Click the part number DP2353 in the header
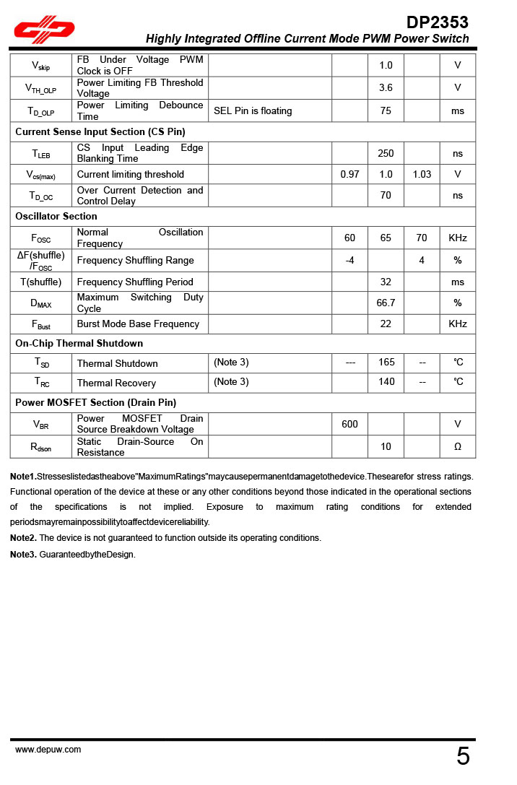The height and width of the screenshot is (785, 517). [x=437, y=22]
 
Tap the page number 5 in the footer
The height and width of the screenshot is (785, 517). [x=463, y=756]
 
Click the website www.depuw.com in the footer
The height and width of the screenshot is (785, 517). [x=48, y=750]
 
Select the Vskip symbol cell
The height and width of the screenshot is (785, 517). [x=40, y=66]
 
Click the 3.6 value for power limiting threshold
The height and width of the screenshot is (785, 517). [x=386, y=88]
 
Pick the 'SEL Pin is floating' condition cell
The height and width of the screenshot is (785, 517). [x=253, y=111]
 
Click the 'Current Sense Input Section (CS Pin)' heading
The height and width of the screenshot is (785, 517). [x=100, y=131]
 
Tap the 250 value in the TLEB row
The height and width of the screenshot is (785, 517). [x=386, y=154]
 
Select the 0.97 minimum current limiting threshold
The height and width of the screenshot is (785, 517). [x=349, y=175]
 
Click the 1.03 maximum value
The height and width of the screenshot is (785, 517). [x=422, y=175]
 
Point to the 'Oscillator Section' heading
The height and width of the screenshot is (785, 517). [x=56, y=216]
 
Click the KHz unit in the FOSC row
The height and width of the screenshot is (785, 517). [x=457, y=238]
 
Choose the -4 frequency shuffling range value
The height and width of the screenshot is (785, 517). [x=349, y=260]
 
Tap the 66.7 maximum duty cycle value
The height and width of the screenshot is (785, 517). [x=386, y=303]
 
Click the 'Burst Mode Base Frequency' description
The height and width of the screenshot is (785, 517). [x=138, y=324]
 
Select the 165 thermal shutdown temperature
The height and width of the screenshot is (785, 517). [x=386, y=363]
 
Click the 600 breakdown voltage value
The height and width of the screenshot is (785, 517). [x=349, y=425]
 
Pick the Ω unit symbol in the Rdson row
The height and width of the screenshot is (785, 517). [x=457, y=447]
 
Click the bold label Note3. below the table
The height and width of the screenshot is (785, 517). [x=23, y=555]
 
